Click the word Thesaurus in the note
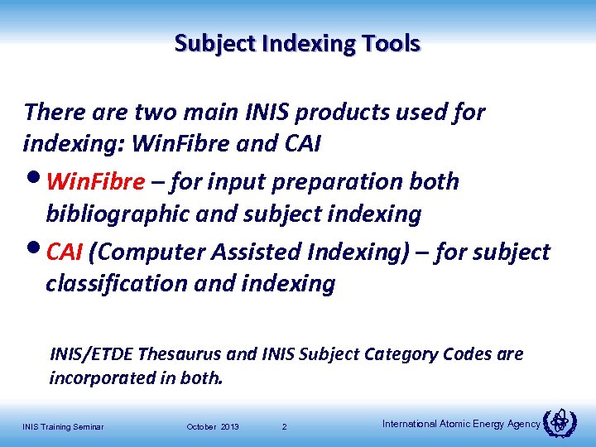pyautogui.click(x=180, y=354)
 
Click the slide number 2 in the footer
pyautogui.click(x=284, y=426)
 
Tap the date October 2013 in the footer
pyautogui.click(x=213, y=426)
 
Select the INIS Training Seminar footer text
pyautogui.click(x=63, y=426)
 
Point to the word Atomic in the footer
pyautogui.click(x=454, y=424)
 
